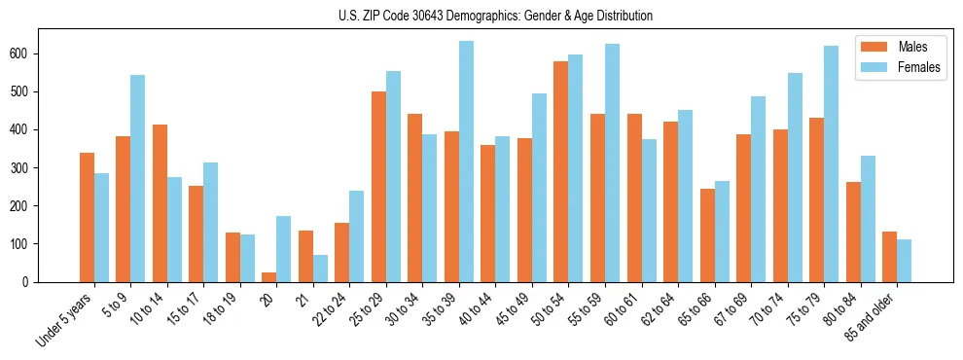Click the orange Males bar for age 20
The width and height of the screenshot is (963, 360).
pyautogui.click(x=269, y=277)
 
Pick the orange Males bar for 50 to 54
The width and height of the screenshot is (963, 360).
pyautogui.click(x=561, y=172)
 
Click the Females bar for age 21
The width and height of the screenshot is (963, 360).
pyautogui.click(x=320, y=269)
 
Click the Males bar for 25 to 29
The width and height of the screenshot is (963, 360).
pyautogui.click(x=378, y=187)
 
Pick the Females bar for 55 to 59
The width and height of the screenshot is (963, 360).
pyautogui.click(x=612, y=162)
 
